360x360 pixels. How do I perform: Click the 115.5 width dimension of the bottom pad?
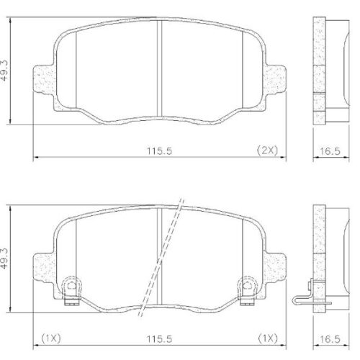tap(160, 337)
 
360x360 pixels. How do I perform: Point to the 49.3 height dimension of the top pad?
tap(6, 68)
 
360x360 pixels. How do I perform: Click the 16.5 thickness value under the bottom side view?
tap(330, 337)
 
